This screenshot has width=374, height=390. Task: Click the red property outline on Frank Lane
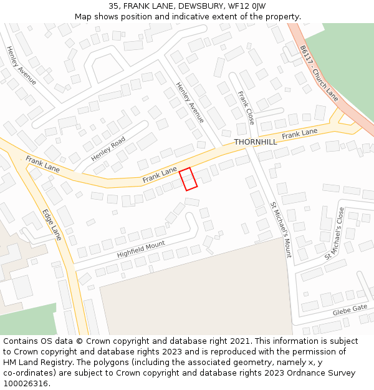point(188,179)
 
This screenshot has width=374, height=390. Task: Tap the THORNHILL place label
point(256,142)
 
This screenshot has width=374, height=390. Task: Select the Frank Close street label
point(246,108)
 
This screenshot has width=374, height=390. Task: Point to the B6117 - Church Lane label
point(319,73)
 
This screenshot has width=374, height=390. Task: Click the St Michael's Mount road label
point(280,230)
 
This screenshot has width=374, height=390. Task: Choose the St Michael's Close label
point(334,234)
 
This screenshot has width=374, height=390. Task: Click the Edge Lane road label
point(52,225)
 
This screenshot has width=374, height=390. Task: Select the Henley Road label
point(108,149)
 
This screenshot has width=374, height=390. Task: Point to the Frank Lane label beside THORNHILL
point(299,134)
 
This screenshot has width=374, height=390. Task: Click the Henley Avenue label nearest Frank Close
point(189,102)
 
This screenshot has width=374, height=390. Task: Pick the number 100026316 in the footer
point(27,383)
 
